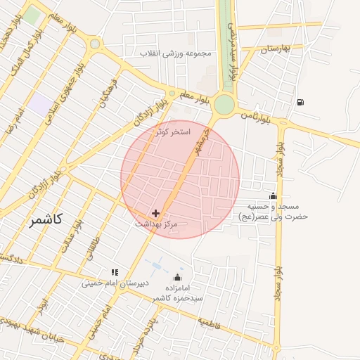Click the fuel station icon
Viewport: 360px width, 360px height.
(301, 103)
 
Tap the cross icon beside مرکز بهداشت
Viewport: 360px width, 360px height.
(155, 212)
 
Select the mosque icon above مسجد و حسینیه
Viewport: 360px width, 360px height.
(274, 195)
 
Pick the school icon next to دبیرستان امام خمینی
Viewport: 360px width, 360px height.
(115, 272)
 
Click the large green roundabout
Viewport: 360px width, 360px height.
(224, 105)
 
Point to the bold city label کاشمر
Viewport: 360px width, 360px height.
(46, 220)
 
